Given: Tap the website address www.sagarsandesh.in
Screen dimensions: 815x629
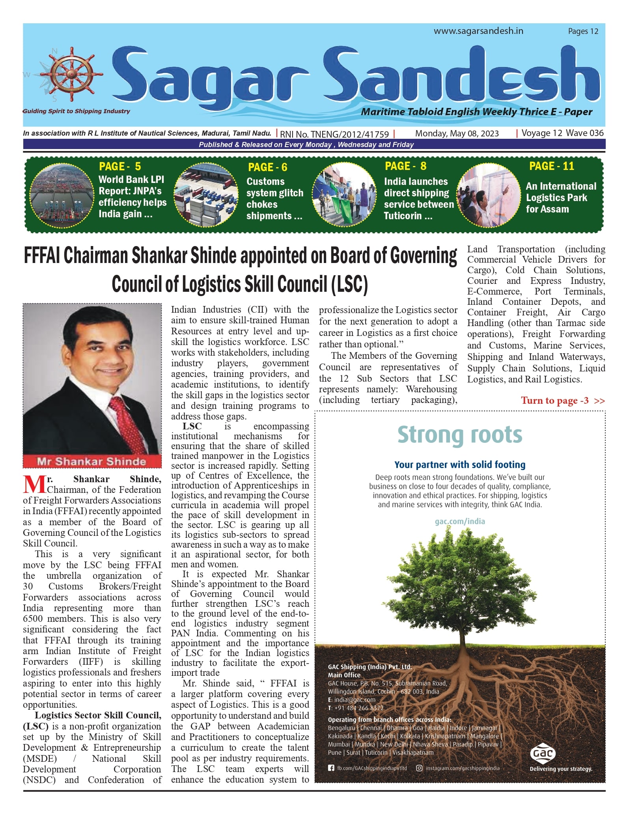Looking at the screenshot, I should click(x=478, y=31).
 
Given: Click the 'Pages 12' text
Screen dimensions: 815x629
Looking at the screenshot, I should click(x=583, y=32).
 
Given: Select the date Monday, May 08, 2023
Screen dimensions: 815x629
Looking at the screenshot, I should click(x=457, y=134).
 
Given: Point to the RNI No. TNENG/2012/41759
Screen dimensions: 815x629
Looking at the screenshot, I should click(x=334, y=134).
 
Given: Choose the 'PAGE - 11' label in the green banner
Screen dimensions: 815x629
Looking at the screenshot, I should click(x=551, y=166).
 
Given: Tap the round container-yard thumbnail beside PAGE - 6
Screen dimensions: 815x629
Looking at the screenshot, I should click(x=207, y=196).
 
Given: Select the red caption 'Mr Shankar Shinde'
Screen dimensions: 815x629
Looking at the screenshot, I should click(x=91, y=461).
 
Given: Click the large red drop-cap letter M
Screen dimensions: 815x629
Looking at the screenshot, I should click(x=35, y=485).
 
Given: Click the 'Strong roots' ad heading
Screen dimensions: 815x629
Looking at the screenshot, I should click(x=459, y=435).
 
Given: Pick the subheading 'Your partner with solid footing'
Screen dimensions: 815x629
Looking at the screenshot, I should click(x=459, y=464).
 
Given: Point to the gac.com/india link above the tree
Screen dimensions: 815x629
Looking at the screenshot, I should click(x=459, y=521).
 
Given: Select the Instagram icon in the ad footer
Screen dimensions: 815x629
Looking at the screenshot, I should click(x=420, y=768).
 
